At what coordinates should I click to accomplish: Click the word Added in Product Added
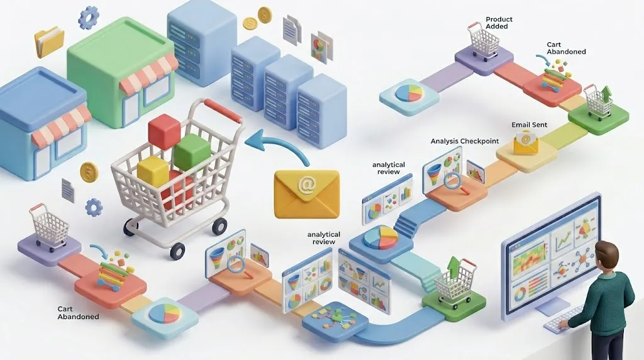[497, 27]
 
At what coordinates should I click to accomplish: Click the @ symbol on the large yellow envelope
[306, 186]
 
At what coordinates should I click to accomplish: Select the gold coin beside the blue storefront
[89, 172]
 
